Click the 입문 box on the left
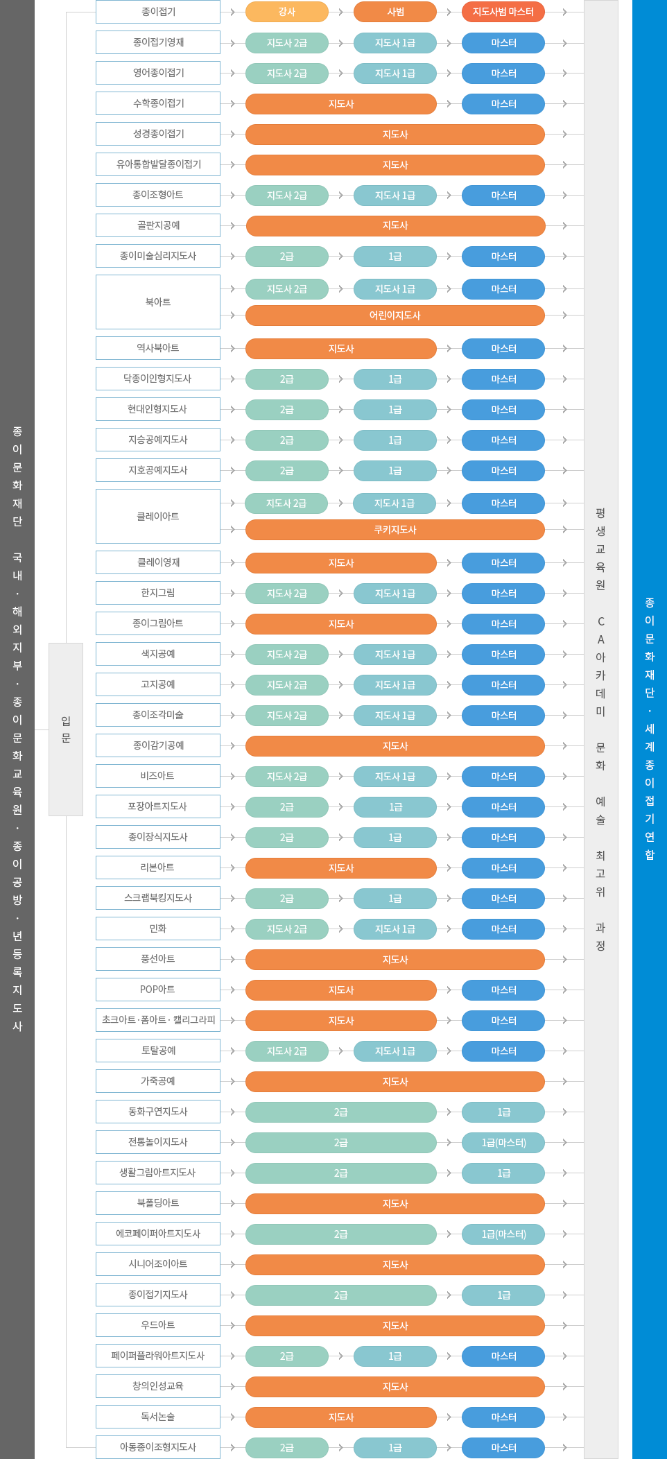(x=66, y=729)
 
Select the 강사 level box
(x=286, y=12)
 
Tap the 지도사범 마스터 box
(x=503, y=12)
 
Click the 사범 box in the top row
(x=395, y=12)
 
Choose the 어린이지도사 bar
(x=395, y=316)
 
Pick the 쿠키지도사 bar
(x=395, y=530)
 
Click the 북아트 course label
(x=158, y=302)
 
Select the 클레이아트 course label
(x=158, y=517)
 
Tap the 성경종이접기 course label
(x=158, y=134)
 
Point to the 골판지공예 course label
(x=158, y=225)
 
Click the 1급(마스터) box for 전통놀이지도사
(x=503, y=1143)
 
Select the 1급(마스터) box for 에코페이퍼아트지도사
(x=503, y=1234)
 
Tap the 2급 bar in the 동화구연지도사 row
(x=340, y=1112)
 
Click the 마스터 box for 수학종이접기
(x=503, y=104)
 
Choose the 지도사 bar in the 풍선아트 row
(x=395, y=960)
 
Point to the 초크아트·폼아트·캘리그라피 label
(x=158, y=1020)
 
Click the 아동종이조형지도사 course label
(x=158, y=1447)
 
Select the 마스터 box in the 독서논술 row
(x=503, y=1417)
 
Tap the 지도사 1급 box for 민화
(x=395, y=929)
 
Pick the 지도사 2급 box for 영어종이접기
(x=286, y=74)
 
